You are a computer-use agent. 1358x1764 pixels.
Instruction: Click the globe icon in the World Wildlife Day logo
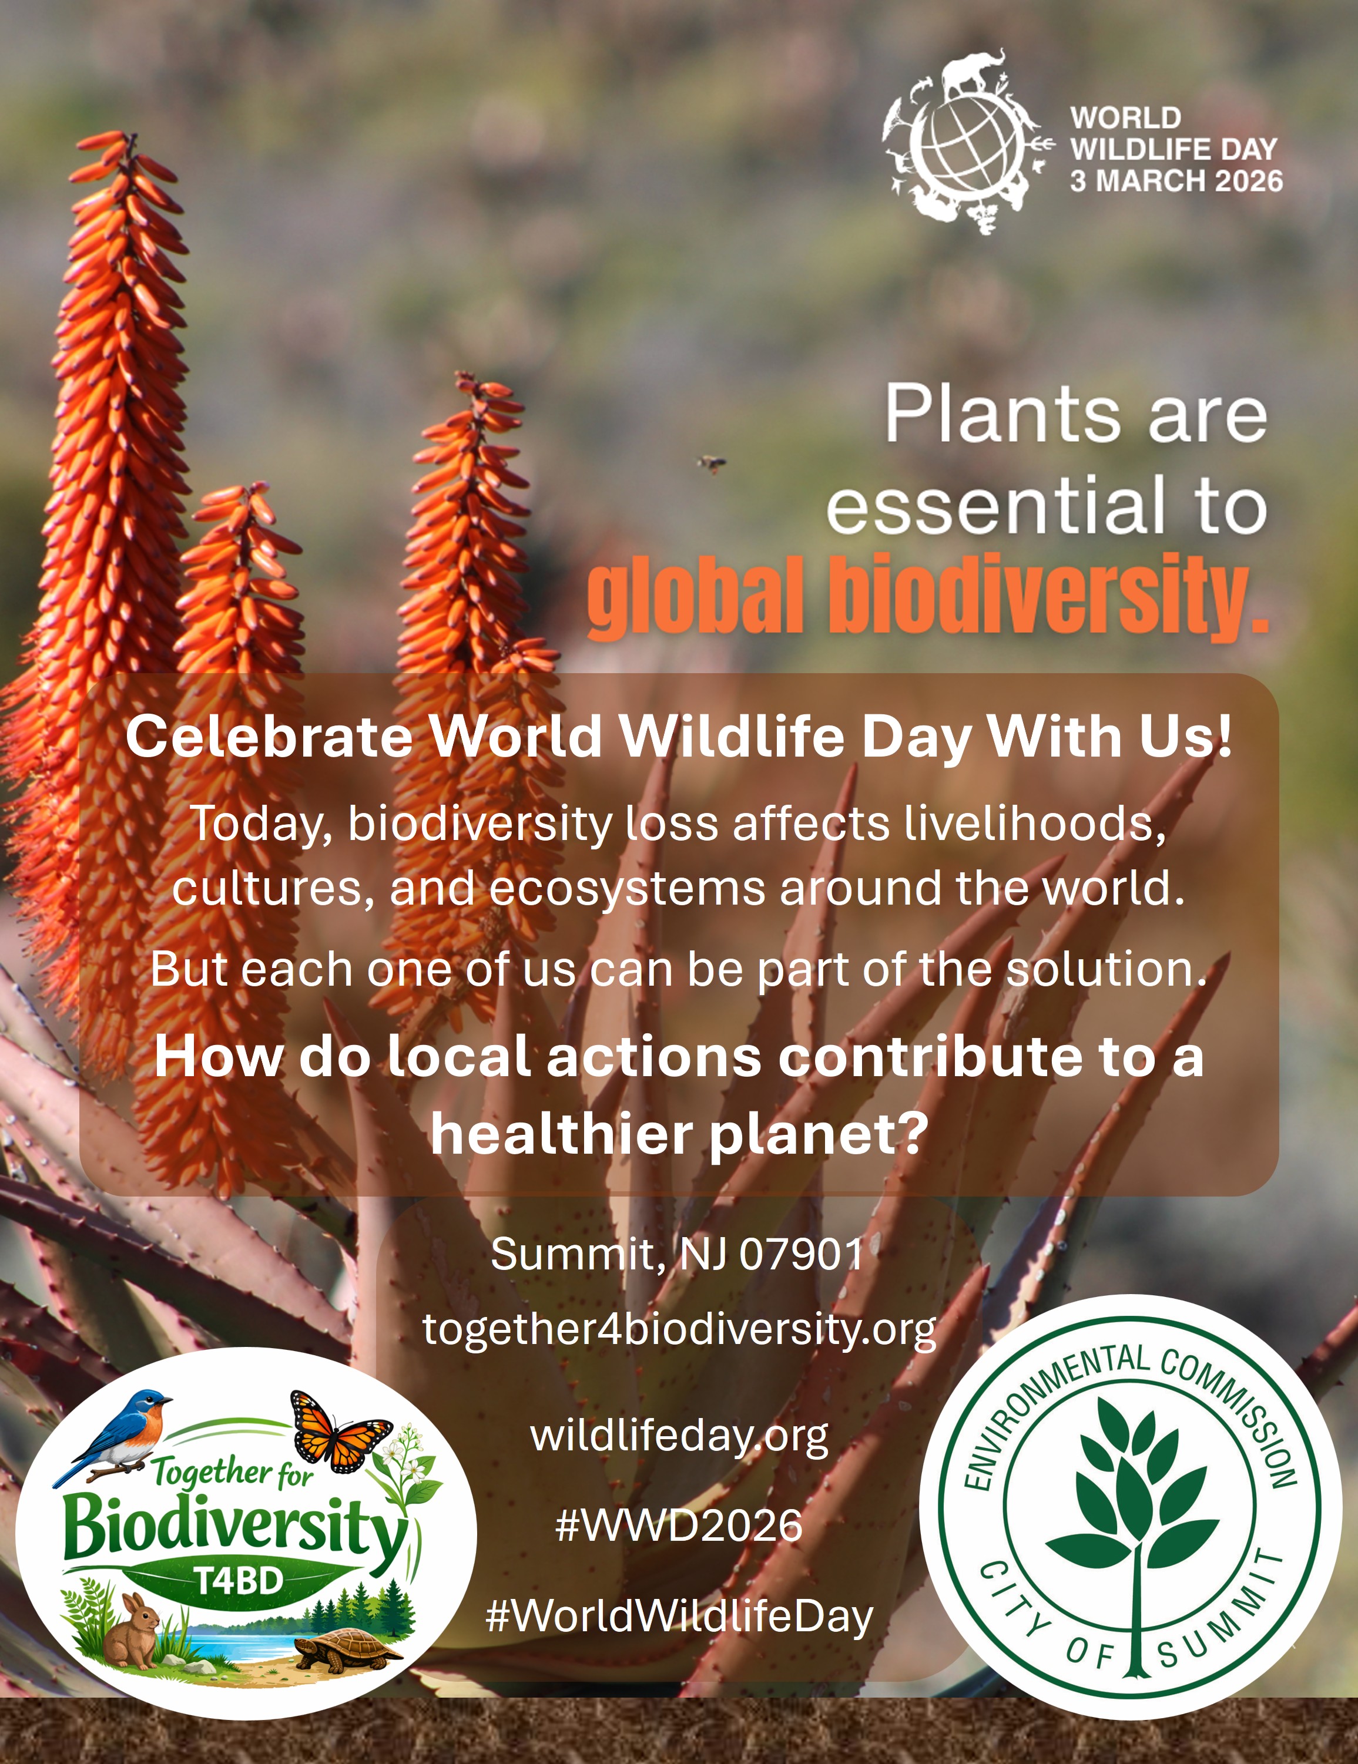[964, 148]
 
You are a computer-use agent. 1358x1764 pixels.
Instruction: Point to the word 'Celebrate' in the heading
[269, 737]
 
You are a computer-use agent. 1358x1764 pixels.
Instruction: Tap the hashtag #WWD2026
[679, 1526]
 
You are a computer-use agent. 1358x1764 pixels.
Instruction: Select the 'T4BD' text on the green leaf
[240, 1580]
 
